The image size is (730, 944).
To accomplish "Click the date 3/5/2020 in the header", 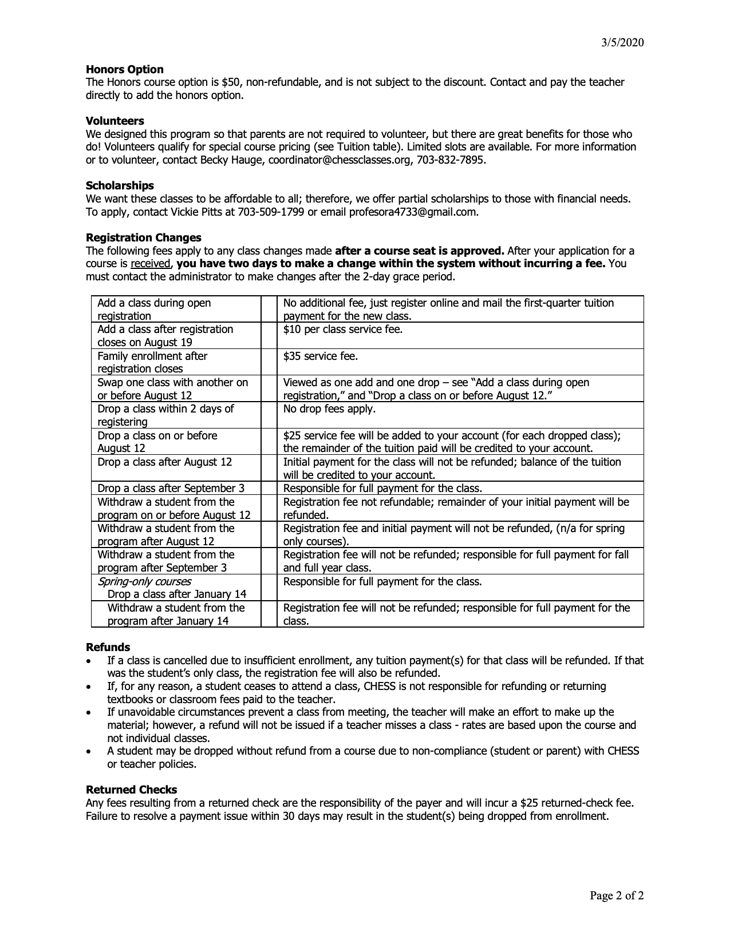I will tap(623, 42).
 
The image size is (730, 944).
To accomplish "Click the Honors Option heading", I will tap(124, 69).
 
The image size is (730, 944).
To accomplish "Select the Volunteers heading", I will tap(115, 121).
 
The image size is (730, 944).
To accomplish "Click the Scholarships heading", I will tap(120, 185).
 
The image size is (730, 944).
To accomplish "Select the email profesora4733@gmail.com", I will tap(413, 212).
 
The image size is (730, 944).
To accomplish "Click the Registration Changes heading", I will tap(143, 237).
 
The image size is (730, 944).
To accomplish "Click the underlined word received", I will tap(151, 264).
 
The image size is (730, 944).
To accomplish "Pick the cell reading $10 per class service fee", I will tap(342, 330).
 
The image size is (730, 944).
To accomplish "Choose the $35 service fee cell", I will tap(320, 356).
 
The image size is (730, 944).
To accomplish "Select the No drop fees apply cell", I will tap(329, 408).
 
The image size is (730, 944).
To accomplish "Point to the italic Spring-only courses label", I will tap(144, 581).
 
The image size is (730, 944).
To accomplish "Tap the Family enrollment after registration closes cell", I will tap(152, 362).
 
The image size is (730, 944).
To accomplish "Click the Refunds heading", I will tap(108, 647).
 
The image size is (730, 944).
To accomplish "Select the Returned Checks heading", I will tap(131, 790).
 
